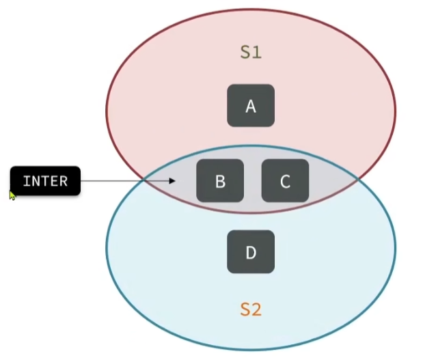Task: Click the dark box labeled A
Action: point(251,106)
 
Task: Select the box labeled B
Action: point(220,180)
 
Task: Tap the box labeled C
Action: point(286,180)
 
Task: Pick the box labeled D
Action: point(251,253)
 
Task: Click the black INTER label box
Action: point(45,181)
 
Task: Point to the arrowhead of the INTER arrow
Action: point(174,181)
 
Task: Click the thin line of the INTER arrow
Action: point(123,181)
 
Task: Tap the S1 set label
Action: point(251,53)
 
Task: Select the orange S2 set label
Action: point(251,309)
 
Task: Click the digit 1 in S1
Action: point(257,53)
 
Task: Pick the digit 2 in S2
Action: point(257,309)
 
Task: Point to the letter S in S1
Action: point(245,53)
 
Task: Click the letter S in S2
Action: point(245,309)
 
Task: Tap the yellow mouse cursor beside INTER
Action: point(12,195)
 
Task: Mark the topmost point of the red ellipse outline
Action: point(251,10)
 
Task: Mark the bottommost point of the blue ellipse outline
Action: point(251,350)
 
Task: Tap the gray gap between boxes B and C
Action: point(253,180)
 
